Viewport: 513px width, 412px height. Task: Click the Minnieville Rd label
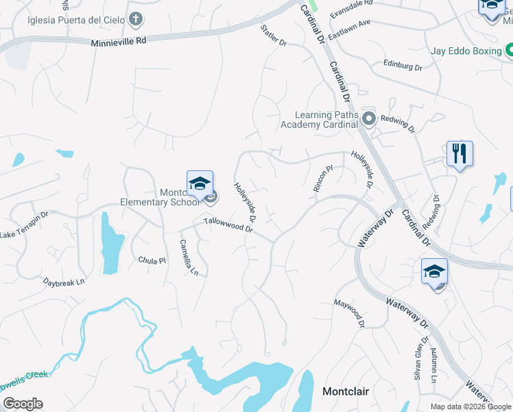click(119, 42)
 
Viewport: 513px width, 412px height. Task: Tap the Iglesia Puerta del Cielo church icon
click(137, 19)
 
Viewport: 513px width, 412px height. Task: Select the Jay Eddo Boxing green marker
click(510, 50)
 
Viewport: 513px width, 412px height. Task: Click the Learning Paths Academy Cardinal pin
click(369, 119)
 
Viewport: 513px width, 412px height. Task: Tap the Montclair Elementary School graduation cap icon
click(200, 183)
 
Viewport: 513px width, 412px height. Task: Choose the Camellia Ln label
click(189, 257)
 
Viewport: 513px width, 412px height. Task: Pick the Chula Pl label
click(152, 260)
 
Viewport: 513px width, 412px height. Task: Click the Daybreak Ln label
click(64, 282)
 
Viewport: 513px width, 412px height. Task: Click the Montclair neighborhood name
click(346, 391)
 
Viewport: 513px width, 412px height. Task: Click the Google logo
click(23, 404)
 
